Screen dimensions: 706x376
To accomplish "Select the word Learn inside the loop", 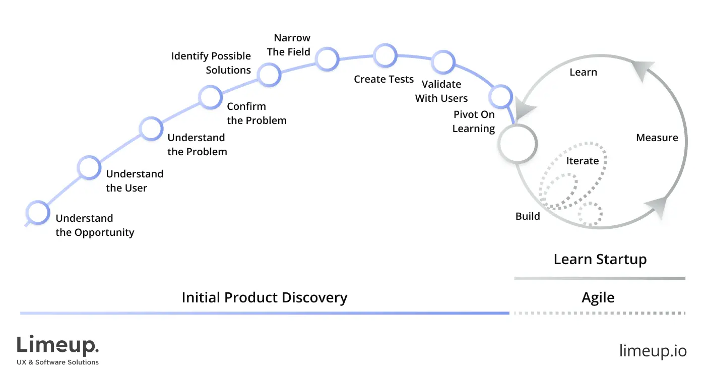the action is click(x=583, y=72).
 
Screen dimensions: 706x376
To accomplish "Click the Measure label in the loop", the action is click(x=657, y=138).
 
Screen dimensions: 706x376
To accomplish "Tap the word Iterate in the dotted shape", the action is click(x=583, y=161).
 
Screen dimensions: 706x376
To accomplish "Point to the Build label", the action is click(x=528, y=216).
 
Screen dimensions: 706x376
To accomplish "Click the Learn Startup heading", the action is click(x=600, y=260).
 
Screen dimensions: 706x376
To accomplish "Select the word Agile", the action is click(x=598, y=298).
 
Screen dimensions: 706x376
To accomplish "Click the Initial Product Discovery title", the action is click(x=265, y=297).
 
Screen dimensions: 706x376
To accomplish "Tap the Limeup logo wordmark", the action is click(x=57, y=345).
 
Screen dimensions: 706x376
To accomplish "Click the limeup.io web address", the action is click(x=653, y=351).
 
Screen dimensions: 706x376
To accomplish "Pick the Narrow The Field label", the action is click(x=289, y=45).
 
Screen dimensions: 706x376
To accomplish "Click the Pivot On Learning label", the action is click(x=474, y=121).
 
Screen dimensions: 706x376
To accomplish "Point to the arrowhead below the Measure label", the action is click(x=657, y=207).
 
